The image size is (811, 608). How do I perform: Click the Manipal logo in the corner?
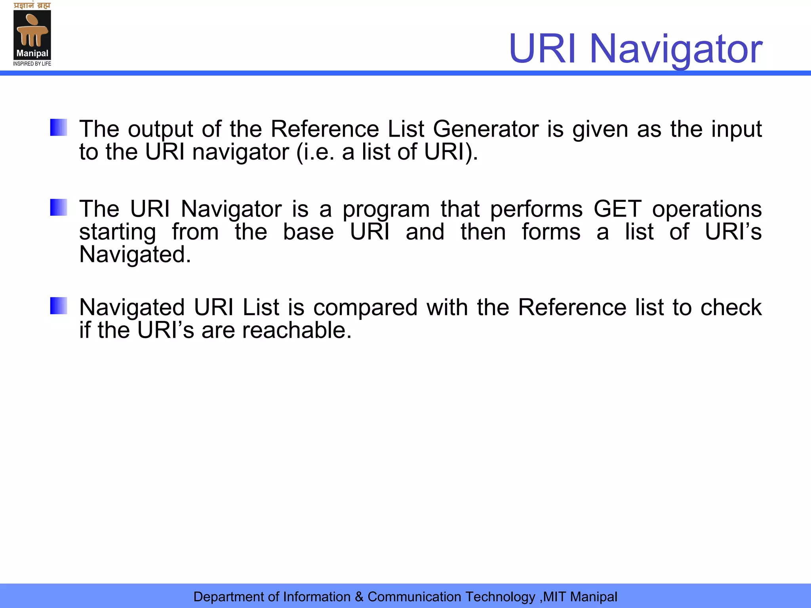point(32,34)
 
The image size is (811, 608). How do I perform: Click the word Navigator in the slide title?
point(676,49)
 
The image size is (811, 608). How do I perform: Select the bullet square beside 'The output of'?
point(59,127)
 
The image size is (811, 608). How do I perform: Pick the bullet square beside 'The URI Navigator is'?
point(59,207)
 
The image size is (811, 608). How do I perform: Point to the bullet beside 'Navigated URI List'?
point(59,306)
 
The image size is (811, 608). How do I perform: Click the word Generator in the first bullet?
point(486,129)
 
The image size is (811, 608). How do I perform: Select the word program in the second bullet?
point(386,210)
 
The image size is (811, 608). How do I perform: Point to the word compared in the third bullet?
point(366,308)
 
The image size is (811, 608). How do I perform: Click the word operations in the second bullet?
point(707,210)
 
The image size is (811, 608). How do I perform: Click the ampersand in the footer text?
point(359,597)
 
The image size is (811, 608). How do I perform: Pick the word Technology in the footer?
point(500,597)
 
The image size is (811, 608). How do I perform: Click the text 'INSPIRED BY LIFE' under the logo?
point(32,64)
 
